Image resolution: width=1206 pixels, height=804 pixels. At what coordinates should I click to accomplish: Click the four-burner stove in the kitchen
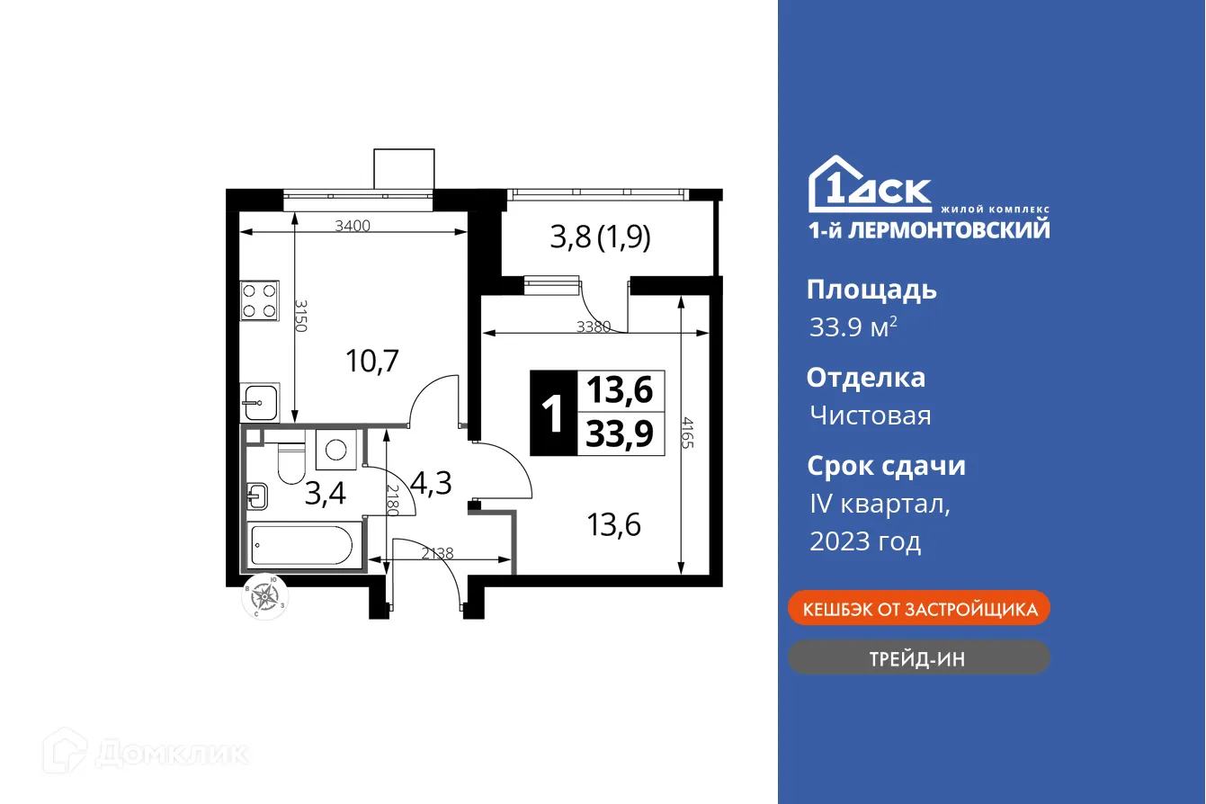pos(259,300)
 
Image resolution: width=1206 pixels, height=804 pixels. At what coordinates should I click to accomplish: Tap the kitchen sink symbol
pos(259,402)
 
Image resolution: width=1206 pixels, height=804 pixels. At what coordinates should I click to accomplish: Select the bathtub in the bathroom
pos(302,546)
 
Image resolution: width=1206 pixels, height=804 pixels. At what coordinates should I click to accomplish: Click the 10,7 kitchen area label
pos(372,362)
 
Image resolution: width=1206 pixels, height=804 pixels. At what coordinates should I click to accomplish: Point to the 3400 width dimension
pos(353,226)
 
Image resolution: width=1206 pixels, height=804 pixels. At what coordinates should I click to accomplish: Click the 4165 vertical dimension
pos(688,438)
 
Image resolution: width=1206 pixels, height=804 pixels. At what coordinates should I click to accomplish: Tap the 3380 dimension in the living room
pos(594,327)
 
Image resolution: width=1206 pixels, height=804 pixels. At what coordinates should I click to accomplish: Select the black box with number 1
pos(552,414)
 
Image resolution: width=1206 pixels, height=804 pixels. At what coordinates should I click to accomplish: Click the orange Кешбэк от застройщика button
pos(918,609)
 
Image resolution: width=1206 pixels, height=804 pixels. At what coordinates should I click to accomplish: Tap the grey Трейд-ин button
pos(918,658)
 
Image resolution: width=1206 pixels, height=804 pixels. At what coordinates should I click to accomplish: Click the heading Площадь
pos(871,290)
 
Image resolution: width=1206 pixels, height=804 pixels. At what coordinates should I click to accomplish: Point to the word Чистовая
pos(870,415)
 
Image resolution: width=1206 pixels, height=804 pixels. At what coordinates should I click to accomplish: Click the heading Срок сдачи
pos(885,466)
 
